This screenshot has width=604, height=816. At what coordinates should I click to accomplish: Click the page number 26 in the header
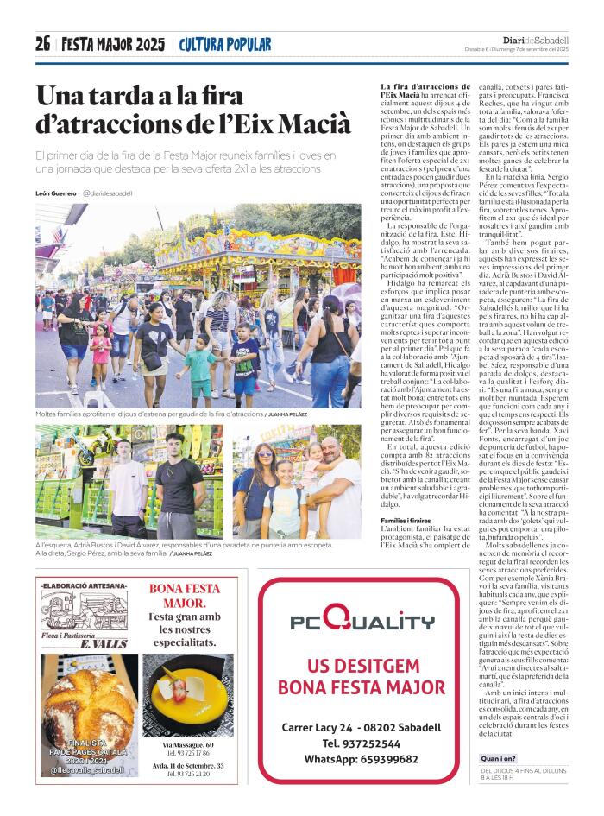point(43,44)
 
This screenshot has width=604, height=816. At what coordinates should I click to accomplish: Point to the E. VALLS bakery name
point(103,644)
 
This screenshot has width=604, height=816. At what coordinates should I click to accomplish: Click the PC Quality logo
point(362,619)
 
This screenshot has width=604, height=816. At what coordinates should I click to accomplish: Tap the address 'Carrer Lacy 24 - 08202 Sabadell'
point(362,727)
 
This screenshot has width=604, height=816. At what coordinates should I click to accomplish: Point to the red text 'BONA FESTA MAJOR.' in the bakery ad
point(185,595)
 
